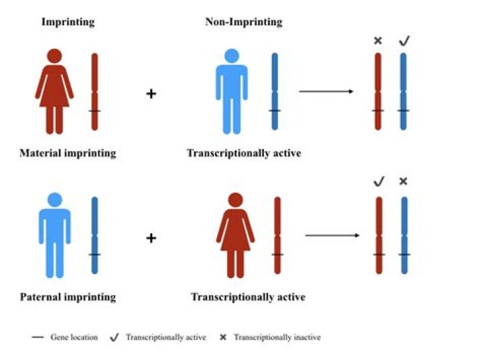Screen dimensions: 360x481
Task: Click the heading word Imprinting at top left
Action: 68,22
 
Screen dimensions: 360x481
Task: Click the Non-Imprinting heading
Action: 243,22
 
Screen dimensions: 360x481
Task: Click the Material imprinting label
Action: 68,153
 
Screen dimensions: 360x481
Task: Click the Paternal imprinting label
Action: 67,297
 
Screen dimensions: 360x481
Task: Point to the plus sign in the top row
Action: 151,94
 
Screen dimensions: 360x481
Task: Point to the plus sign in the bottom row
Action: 151,238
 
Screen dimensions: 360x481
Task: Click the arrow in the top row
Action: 326,91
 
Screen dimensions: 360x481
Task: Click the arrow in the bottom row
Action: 333,235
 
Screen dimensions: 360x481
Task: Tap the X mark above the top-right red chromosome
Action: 377,41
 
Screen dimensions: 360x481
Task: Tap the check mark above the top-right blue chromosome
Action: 404,41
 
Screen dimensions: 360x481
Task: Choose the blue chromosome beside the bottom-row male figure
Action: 95,235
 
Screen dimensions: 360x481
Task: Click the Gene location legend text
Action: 74,337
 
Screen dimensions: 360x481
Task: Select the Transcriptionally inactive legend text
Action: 277,337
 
